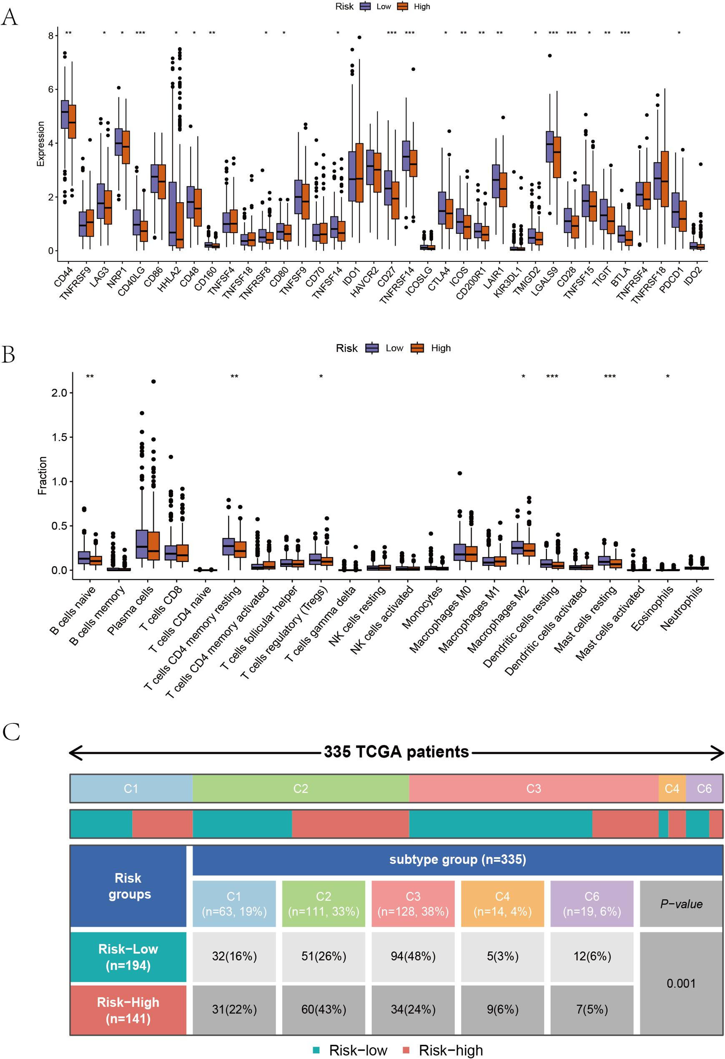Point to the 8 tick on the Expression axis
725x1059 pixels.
tap(51, 35)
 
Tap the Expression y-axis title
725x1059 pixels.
tap(41, 143)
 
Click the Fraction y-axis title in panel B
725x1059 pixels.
tap(43, 476)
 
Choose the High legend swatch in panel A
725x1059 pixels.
tap(403, 6)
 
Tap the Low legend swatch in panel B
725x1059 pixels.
tap(372, 348)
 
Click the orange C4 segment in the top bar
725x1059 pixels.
tap(672, 788)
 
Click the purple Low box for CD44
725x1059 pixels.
tap(65, 114)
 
